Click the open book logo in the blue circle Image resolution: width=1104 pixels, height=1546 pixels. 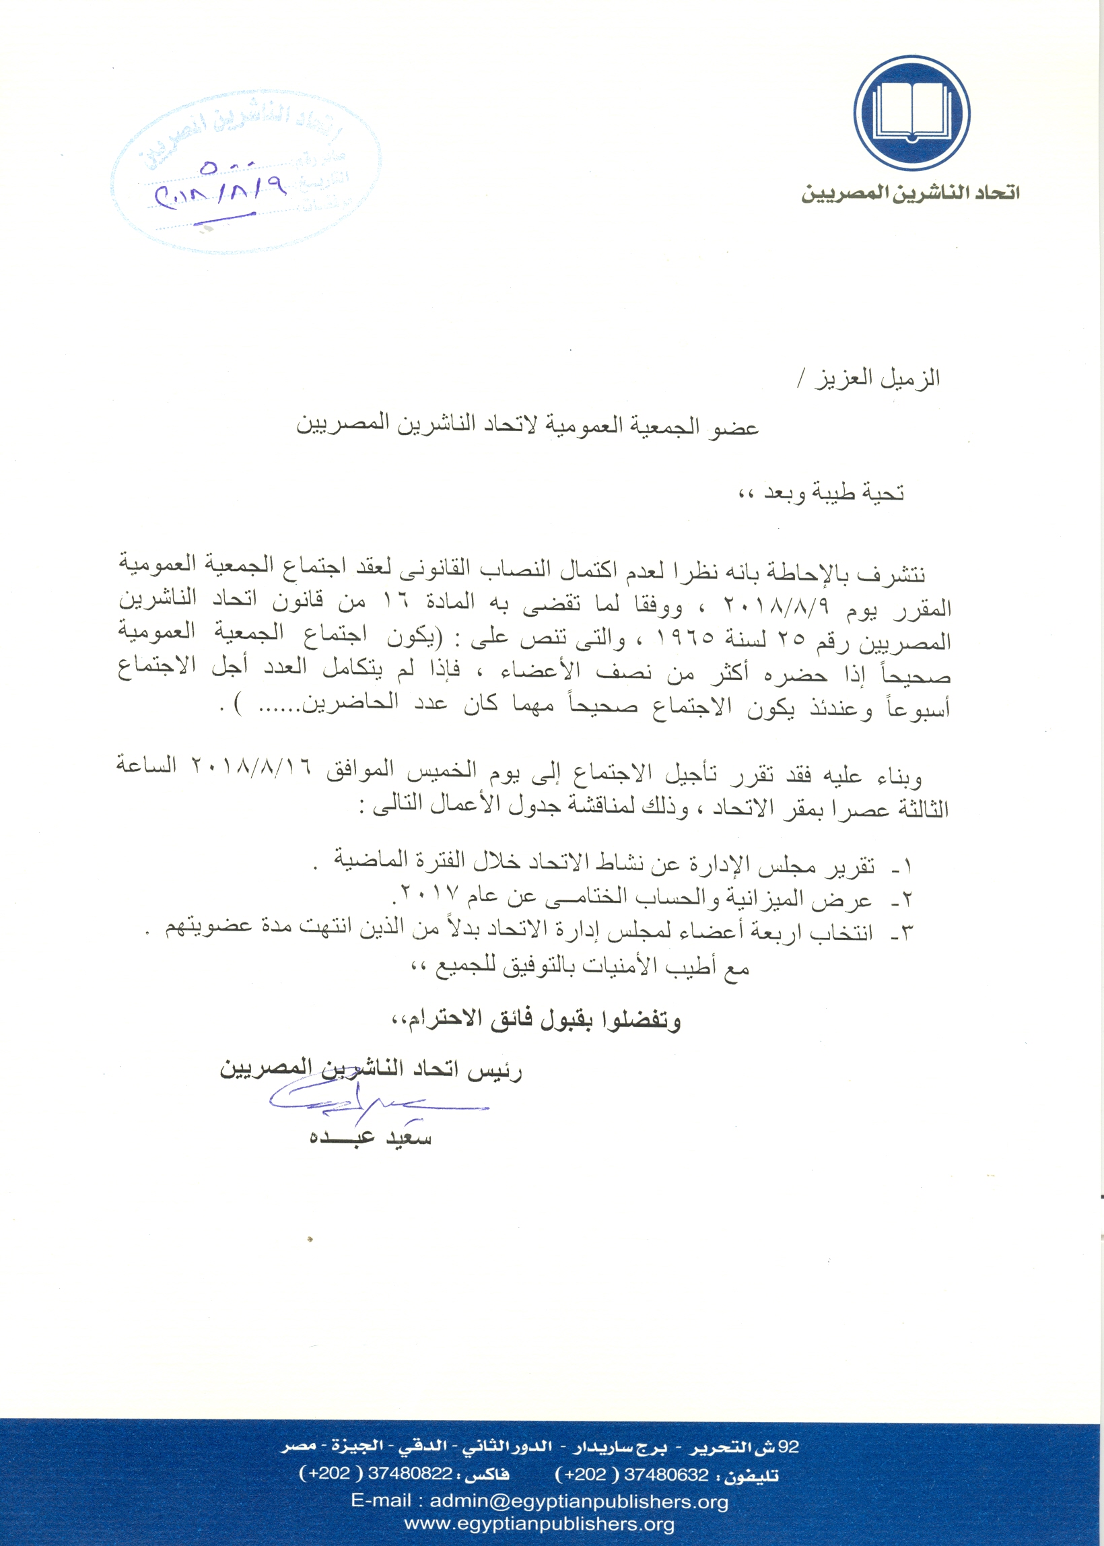(911, 113)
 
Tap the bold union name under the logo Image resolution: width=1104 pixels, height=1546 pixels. (910, 194)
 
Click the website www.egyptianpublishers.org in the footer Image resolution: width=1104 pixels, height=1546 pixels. (539, 1524)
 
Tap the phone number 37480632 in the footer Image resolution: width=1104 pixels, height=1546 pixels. (666, 1474)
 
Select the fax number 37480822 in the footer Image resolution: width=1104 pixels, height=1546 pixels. (410, 1474)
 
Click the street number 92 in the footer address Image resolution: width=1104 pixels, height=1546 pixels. (788, 1446)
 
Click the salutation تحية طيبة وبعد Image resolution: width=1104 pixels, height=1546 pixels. (834, 493)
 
